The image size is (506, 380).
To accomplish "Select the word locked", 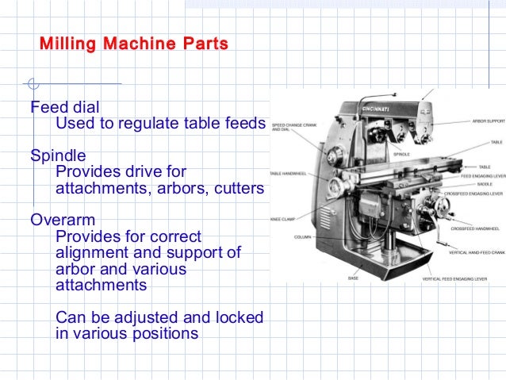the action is point(241,317).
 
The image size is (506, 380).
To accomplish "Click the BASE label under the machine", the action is point(353,278).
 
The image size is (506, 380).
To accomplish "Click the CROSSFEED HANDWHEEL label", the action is point(473,228).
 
